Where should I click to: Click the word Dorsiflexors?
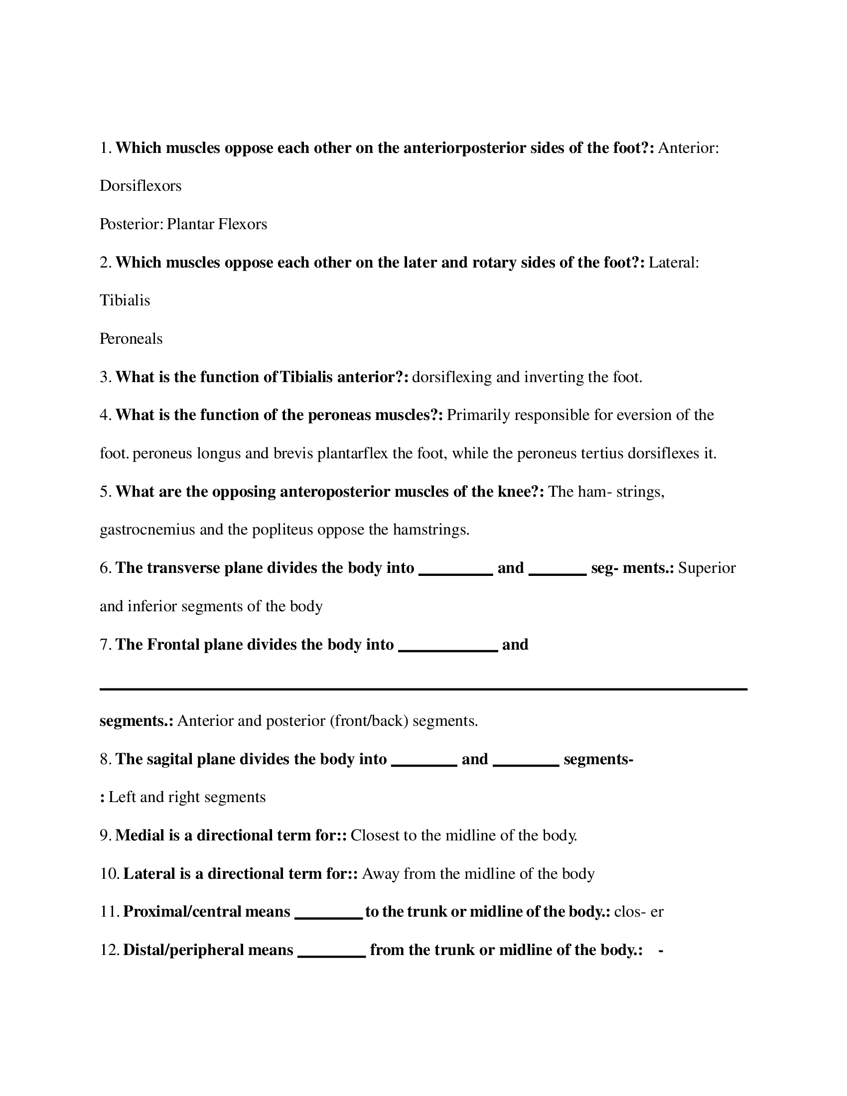(141, 186)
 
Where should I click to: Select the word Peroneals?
(131, 339)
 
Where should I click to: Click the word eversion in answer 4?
(638, 415)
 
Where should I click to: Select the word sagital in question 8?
(169, 759)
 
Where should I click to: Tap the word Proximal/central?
(206, 912)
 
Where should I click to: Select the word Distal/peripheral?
(208, 950)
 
